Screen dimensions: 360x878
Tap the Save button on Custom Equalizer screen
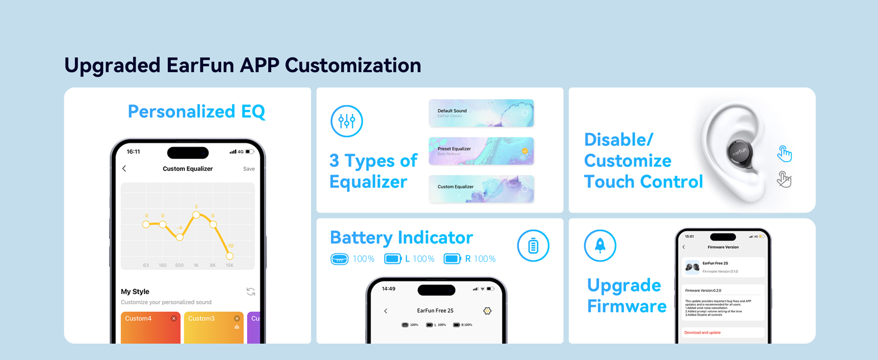(x=249, y=169)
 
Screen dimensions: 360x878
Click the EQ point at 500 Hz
(x=179, y=238)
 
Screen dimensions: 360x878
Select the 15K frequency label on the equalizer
(x=229, y=265)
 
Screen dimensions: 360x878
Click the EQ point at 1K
(x=196, y=215)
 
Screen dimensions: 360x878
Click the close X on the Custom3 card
(x=237, y=319)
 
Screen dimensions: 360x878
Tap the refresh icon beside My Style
(x=251, y=292)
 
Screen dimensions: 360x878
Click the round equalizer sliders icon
(x=347, y=121)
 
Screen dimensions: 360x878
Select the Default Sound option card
(x=481, y=113)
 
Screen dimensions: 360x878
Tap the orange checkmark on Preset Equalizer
(x=525, y=151)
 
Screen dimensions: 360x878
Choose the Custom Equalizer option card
(x=481, y=188)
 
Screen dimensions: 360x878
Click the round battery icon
(x=533, y=246)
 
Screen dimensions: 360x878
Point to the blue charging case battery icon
(x=339, y=259)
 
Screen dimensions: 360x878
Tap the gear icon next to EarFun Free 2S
(x=487, y=311)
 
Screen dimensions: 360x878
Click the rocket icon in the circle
(x=600, y=246)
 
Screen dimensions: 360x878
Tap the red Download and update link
(x=702, y=332)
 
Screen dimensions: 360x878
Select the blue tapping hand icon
(x=784, y=154)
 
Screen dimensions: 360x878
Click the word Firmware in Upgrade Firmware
(x=627, y=307)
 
